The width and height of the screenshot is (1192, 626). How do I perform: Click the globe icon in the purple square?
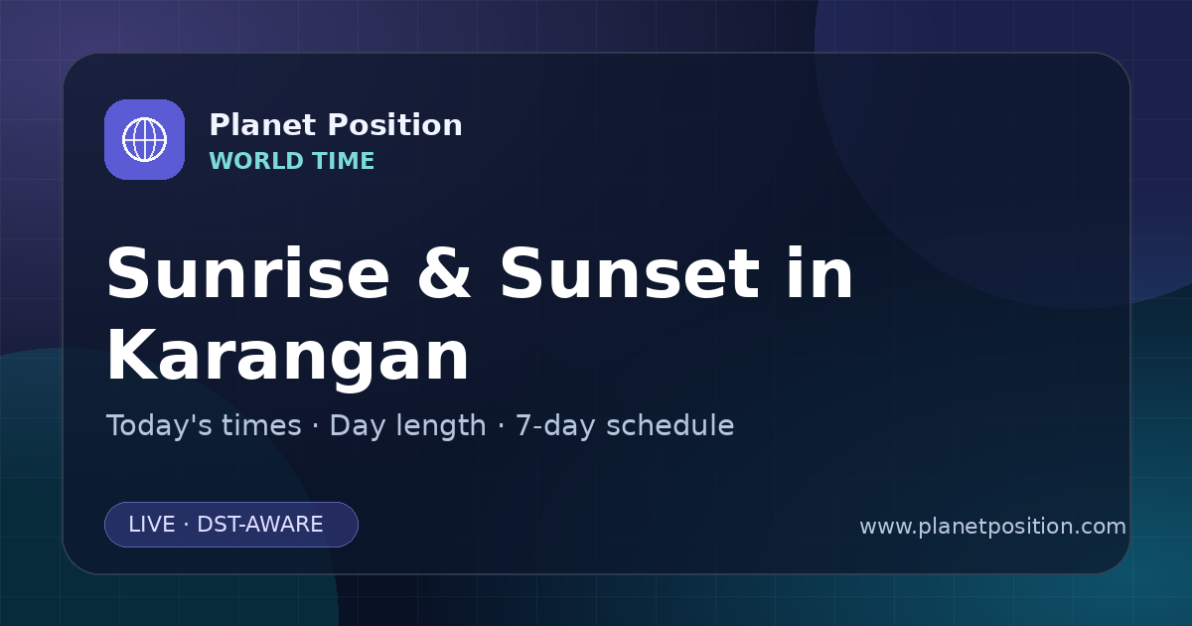pyautogui.click(x=144, y=139)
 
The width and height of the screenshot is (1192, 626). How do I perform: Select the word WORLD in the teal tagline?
pyautogui.click(x=255, y=161)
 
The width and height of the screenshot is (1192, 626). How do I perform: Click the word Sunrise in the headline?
pyautogui.click(x=248, y=273)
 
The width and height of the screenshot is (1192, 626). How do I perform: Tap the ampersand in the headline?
pyautogui.click(x=444, y=273)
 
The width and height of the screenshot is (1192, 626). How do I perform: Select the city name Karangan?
pyautogui.click(x=288, y=356)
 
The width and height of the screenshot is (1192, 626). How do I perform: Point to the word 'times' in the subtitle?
pyautogui.click(x=261, y=426)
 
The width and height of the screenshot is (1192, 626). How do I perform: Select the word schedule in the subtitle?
pyautogui.click(x=670, y=425)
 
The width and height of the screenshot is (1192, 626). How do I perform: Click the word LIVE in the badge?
pyautogui.click(x=152, y=525)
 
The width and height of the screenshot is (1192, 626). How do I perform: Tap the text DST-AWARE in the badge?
pyautogui.click(x=259, y=525)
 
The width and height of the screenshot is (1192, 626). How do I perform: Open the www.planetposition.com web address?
pyautogui.click(x=992, y=527)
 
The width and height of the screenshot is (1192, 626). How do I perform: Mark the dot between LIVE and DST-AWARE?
pyautogui.click(x=187, y=525)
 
